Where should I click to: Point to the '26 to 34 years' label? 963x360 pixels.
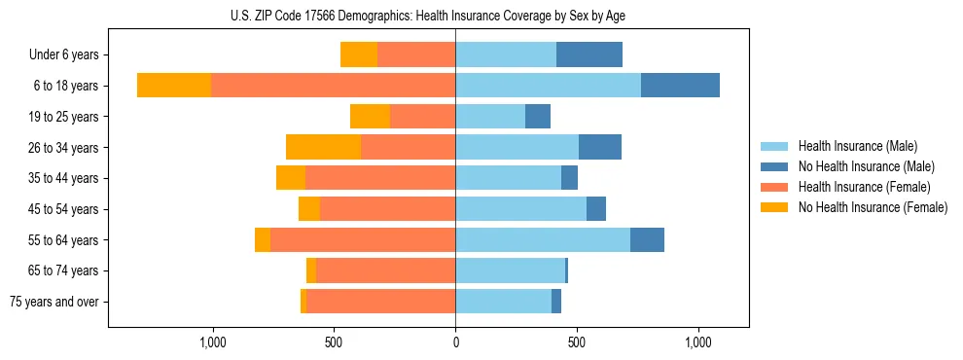point(63,147)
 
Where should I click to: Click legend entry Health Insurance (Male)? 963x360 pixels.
point(857,146)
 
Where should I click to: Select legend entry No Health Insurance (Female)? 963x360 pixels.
point(873,207)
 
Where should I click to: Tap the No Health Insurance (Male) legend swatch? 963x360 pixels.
point(775,166)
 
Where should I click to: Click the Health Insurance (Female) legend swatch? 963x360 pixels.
point(775,187)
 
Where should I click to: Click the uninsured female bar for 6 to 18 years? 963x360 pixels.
point(174,86)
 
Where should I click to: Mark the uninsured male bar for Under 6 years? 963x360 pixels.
point(589,54)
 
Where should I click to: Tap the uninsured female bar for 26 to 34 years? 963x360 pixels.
point(323,147)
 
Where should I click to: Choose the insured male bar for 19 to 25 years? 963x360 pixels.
point(490,117)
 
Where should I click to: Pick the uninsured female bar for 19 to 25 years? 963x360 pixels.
point(370,117)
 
